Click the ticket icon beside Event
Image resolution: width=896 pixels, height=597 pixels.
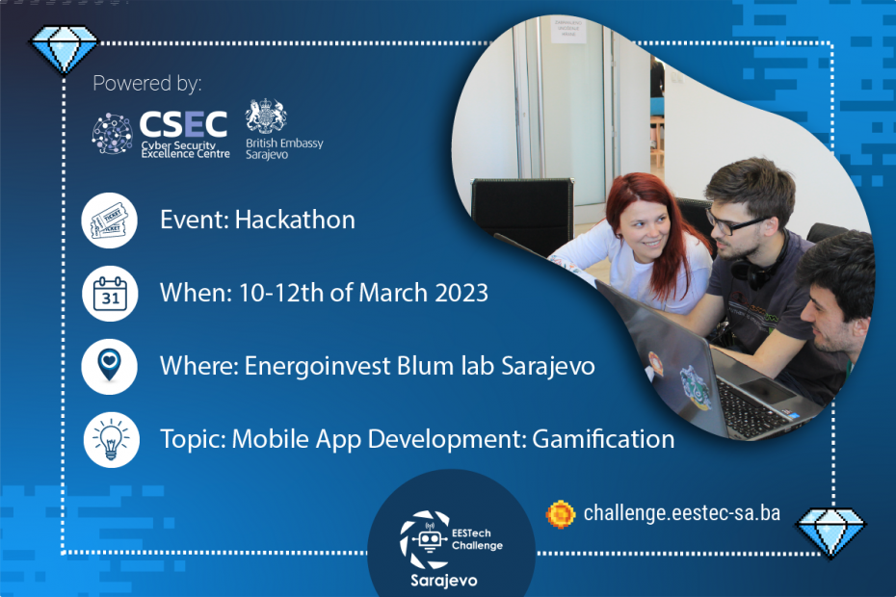tap(109, 221)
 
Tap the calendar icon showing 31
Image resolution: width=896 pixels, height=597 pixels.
tap(109, 293)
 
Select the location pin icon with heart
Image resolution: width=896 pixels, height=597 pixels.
tap(109, 366)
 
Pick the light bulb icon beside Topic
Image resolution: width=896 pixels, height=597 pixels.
tap(109, 439)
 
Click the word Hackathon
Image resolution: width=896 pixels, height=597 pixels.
tap(300, 220)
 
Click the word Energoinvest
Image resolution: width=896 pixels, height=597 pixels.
tap(307, 367)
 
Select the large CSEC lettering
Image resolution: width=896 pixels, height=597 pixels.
tap(183, 123)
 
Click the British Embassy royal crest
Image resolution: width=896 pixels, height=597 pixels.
tap(266, 117)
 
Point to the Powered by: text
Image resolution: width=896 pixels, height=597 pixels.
tap(147, 83)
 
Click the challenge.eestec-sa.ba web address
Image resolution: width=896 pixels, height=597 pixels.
tap(681, 512)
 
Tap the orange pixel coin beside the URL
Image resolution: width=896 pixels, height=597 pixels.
tap(561, 512)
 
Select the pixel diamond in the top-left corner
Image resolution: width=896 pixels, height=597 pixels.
tap(65, 46)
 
